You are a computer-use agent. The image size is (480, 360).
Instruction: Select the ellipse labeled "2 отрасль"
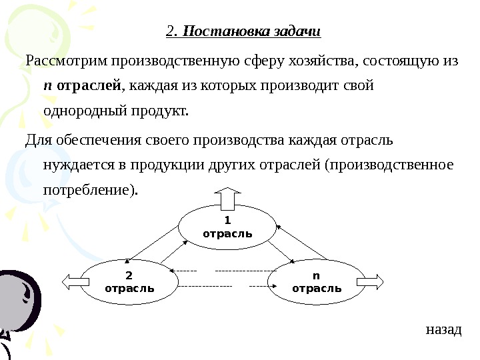[129, 282]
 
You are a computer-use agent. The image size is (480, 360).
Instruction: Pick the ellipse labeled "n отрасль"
[317, 282]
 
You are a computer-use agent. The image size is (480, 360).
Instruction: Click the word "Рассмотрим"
[66, 62]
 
